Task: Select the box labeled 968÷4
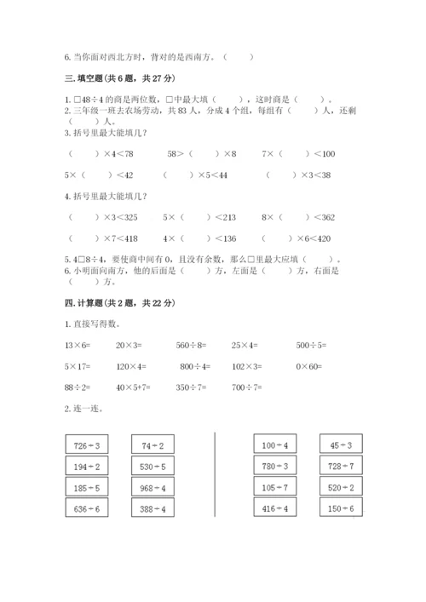[x=153, y=487]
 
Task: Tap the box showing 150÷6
[x=341, y=508]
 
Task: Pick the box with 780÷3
[x=276, y=465]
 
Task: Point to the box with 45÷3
[x=341, y=444]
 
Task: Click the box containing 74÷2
[x=153, y=444]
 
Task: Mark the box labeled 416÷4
[x=276, y=508]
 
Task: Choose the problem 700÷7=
[x=250, y=386]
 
